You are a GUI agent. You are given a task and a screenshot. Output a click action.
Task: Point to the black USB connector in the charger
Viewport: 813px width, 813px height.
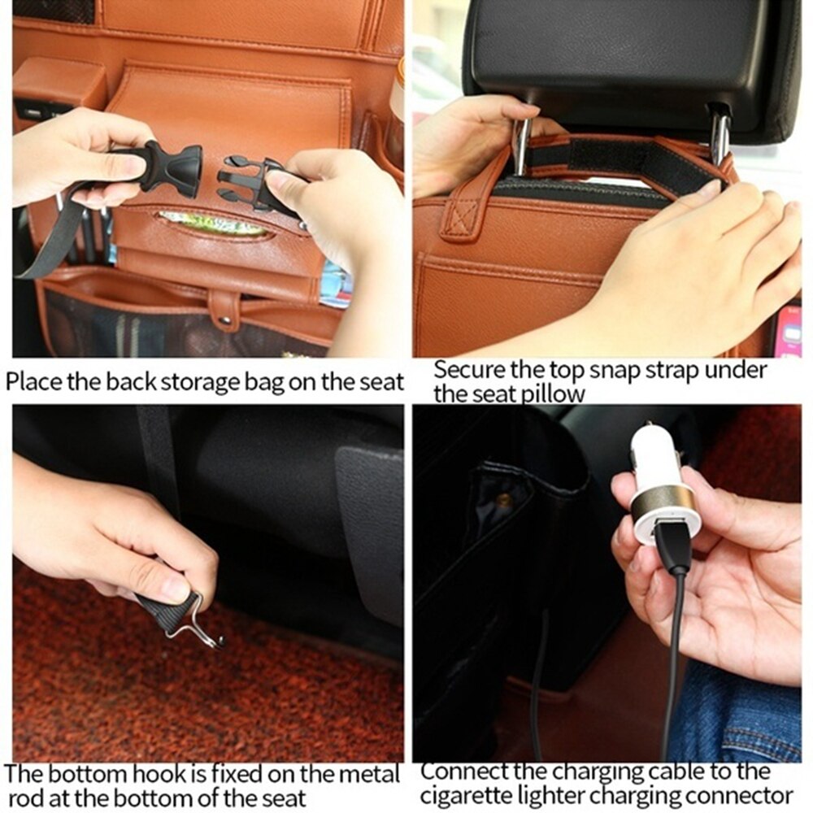point(672,546)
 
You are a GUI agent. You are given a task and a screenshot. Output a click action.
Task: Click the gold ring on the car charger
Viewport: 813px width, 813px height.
point(663,502)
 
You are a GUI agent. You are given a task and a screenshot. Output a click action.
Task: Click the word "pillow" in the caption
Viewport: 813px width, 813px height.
point(553,394)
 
